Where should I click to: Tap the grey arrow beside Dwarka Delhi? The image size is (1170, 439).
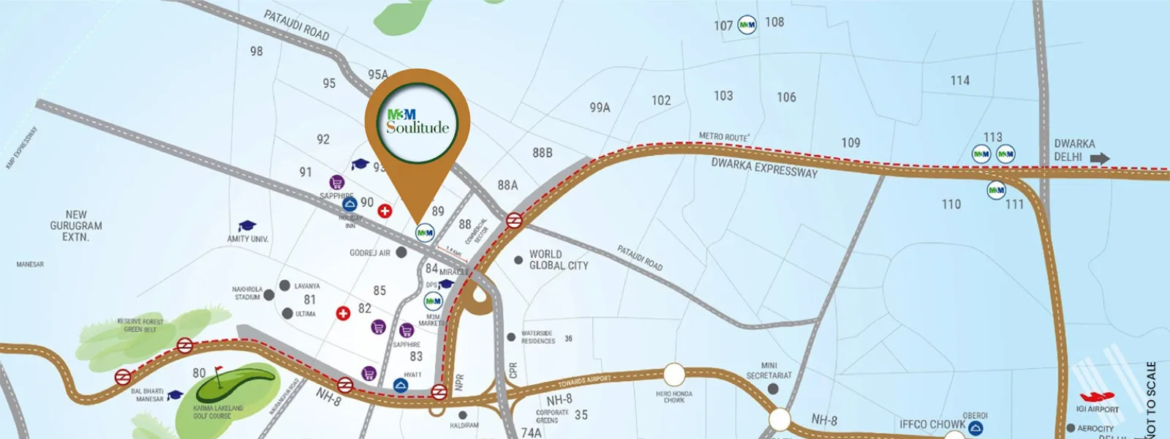1099,158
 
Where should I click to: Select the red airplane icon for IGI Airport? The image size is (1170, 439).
1097,397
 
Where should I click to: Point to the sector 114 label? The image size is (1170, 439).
960,80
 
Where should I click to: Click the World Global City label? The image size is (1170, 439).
558,260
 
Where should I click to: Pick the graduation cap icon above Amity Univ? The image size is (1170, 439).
248,226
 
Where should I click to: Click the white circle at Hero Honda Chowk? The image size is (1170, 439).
674,375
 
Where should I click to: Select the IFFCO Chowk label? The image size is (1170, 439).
932,424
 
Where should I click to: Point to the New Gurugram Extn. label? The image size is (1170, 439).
76,226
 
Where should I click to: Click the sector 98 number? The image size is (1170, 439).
256,51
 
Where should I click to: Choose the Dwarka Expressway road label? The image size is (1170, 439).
764,168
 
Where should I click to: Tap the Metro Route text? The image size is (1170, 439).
723,136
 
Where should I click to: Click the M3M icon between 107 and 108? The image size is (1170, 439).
747,25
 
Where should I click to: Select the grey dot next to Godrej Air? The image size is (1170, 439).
401,252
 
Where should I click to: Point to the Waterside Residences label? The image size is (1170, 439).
537,337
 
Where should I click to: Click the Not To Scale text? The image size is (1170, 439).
1152,399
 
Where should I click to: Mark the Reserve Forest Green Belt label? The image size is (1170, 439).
140,326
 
